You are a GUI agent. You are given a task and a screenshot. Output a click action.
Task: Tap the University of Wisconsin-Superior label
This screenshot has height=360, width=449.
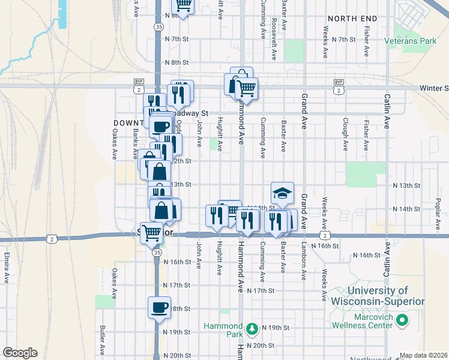(x=378, y=296)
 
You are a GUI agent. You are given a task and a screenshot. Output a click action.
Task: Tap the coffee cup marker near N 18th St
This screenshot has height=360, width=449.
(x=159, y=307)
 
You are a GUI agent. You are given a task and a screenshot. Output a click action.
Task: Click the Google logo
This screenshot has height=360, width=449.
(x=20, y=353)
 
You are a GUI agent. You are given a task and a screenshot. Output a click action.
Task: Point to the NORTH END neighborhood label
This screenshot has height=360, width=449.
(x=352, y=19)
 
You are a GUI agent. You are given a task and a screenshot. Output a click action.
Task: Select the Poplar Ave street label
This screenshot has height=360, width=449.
(x=438, y=210)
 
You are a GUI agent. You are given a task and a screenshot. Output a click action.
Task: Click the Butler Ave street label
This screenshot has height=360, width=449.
(x=103, y=339)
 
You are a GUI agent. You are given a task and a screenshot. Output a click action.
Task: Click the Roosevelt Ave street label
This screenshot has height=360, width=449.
(x=274, y=43)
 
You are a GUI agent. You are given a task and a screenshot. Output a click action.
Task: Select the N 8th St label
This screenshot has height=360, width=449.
(x=176, y=62)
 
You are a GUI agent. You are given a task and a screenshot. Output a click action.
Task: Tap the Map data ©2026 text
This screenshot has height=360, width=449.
(x=423, y=355)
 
